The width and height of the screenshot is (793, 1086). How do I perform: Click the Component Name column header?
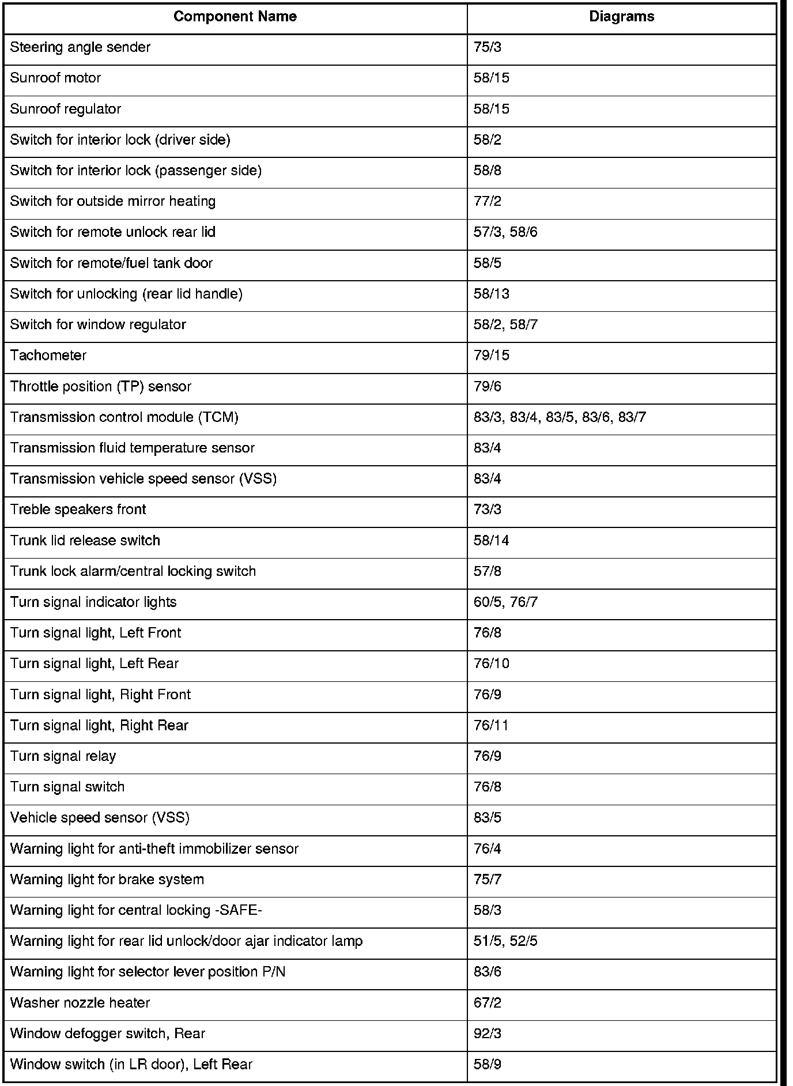pyautogui.click(x=235, y=17)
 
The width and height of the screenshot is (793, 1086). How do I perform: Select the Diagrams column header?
pyautogui.click(x=621, y=17)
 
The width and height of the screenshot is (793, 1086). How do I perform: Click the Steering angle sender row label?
pyautogui.click(x=80, y=47)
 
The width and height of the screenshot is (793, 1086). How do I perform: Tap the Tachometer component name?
pyautogui.click(x=48, y=356)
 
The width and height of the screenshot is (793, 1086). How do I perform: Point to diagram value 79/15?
pyautogui.click(x=491, y=356)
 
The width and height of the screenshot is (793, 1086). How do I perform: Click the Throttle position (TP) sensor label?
pyautogui.click(x=101, y=386)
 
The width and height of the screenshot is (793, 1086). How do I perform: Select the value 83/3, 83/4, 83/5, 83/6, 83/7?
pyautogui.click(x=560, y=417)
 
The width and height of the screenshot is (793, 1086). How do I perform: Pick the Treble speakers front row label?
pyautogui.click(x=78, y=510)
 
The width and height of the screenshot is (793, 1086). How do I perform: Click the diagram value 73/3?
pyautogui.click(x=487, y=510)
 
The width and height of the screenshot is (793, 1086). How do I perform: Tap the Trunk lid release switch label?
pyautogui.click(x=85, y=541)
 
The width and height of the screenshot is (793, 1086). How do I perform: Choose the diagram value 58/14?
pyautogui.click(x=491, y=541)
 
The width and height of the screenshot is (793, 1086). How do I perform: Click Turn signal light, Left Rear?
pyautogui.click(x=95, y=664)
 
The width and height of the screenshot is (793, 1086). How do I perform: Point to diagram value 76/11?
pyautogui.click(x=491, y=725)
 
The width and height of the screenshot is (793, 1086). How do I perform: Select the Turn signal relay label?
pyautogui.click(x=63, y=756)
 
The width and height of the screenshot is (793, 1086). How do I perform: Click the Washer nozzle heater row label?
pyautogui.click(x=80, y=1003)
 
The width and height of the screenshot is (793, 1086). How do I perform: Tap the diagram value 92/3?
pyautogui.click(x=487, y=1034)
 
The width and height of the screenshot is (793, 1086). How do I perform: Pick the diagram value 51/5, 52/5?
pyautogui.click(x=505, y=941)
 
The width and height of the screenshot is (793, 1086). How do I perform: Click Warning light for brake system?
pyautogui.click(x=107, y=880)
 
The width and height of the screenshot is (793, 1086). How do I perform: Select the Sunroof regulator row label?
pyautogui.click(x=66, y=109)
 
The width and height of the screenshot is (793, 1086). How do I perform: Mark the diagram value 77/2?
pyautogui.click(x=487, y=201)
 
